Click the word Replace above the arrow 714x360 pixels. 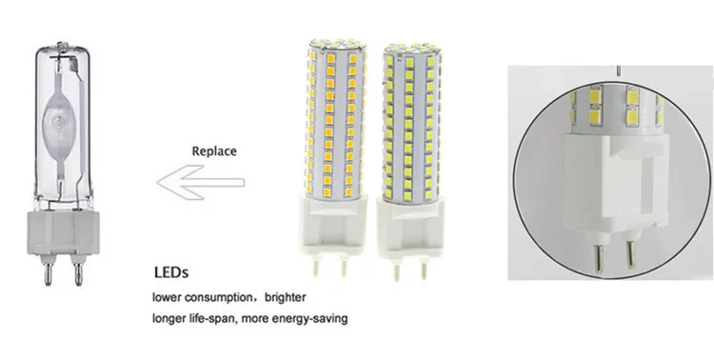click(x=214, y=150)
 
